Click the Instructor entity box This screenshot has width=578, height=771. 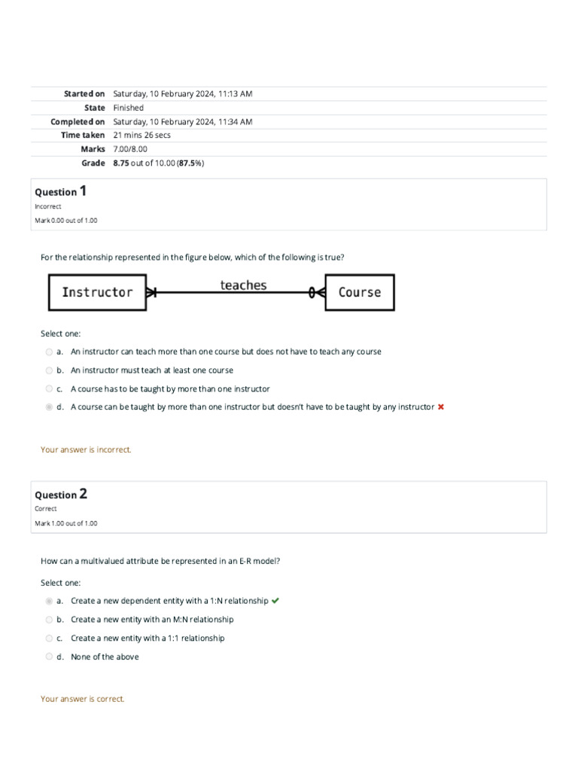point(98,292)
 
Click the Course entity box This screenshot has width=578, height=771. point(359,292)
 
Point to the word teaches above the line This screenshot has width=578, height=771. point(243,285)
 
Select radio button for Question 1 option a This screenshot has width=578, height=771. point(49,352)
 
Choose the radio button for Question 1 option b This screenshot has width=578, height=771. point(49,370)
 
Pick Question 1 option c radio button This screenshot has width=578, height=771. point(49,389)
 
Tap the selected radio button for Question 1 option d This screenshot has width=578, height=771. point(49,407)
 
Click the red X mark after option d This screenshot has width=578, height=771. point(441,407)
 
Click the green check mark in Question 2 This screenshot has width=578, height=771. point(275,601)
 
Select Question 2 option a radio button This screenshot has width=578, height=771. point(49,601)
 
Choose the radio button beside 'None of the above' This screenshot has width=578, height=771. point(49,657)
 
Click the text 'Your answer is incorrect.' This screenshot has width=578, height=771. point(86,449)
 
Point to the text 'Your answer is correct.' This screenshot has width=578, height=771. point(83,699)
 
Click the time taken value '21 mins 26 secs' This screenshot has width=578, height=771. point(141,135)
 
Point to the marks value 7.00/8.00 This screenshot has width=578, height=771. point(130,149)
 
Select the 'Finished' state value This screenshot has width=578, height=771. point(128,108)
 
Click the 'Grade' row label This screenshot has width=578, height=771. point(93,163)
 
